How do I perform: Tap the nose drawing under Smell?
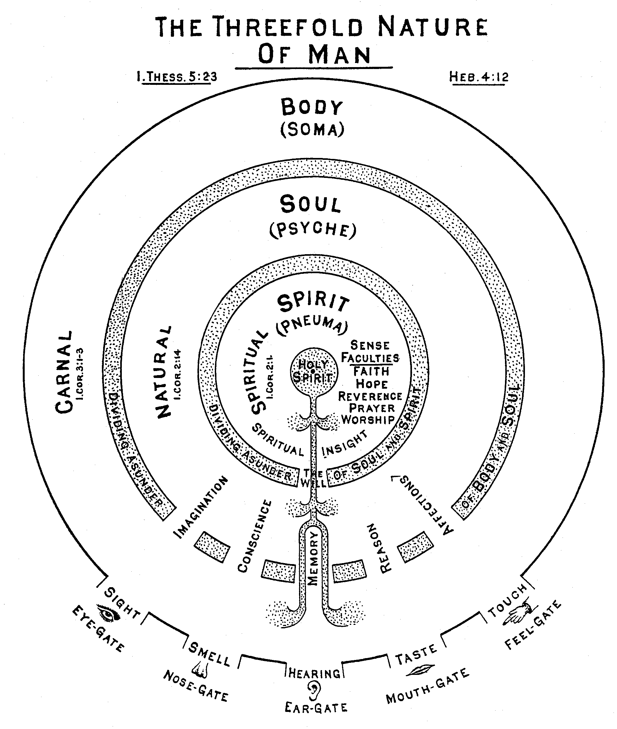pyautogui.click(x=200, y=669)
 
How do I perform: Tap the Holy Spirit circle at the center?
pyautogui.click(x=314, y=371)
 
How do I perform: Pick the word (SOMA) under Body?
pyautogui.click(x=312, y=130)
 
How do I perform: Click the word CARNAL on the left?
pyautogui.click(x=64, y=372)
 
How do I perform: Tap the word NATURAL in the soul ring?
pyautogui.click(x=164, y=372)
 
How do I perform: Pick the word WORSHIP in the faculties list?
pyautogui.click(x=368, y=420)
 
